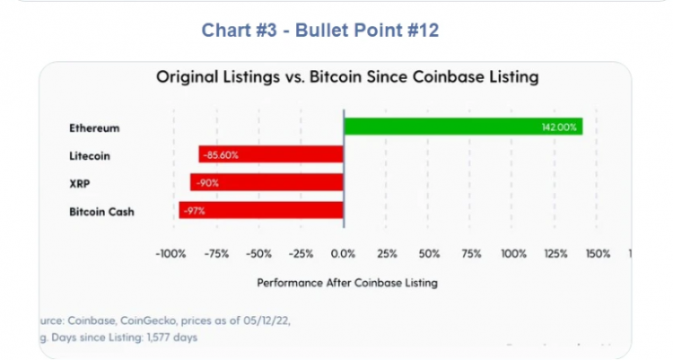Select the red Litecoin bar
271,155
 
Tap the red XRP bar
267,183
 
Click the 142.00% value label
559,127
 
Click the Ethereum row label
94,127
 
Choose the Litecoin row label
91,155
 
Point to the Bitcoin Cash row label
101,212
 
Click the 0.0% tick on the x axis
344,254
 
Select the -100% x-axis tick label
170,254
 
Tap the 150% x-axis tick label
599,254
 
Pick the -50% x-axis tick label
258,254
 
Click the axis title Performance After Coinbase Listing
347,283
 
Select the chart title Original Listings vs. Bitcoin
347,77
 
